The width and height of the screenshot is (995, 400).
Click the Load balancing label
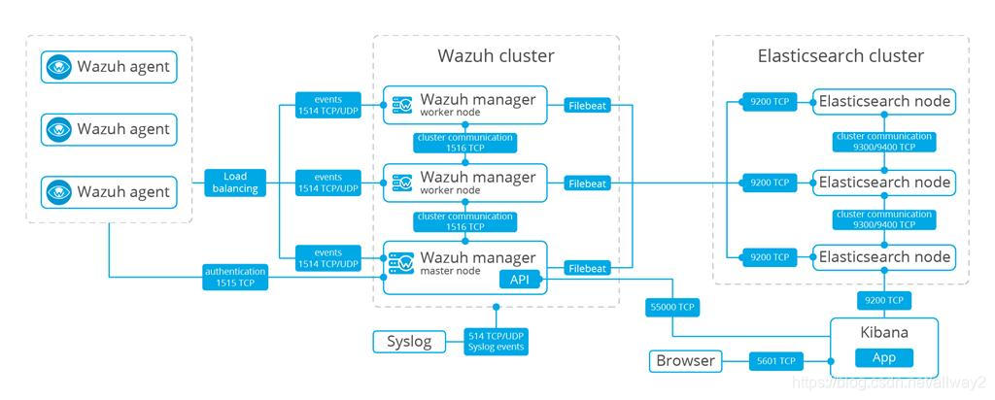(x=235, y=183)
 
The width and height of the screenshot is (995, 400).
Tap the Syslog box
(x=408, y=341)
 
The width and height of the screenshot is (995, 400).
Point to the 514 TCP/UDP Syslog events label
(x=496, y=341)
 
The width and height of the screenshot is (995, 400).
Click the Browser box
(x=685, y=361)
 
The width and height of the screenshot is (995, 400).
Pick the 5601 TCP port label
(x=774, y=361)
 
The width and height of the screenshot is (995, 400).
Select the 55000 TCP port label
(x=672, y=308)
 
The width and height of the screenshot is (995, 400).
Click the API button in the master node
(x=520, y=280)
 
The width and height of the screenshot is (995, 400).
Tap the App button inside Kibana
(x=883, y=357)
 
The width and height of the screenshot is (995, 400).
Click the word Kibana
(x=883, y=332)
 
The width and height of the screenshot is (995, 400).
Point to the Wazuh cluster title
(x=496, y=56)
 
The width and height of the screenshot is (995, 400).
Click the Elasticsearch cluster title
(x=841, y=56)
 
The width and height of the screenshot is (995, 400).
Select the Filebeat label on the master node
(x=588, y=268)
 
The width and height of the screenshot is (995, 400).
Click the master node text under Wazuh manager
(x=451, y=271)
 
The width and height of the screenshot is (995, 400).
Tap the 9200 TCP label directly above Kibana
(x=883, y=300)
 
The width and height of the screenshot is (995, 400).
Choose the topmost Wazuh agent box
(x=110, y=67)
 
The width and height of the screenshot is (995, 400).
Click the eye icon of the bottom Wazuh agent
(x=60, y=191)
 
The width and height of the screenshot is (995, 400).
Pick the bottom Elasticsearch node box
(x=883, y=257)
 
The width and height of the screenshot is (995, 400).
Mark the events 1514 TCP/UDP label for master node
(x=328, y=257)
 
